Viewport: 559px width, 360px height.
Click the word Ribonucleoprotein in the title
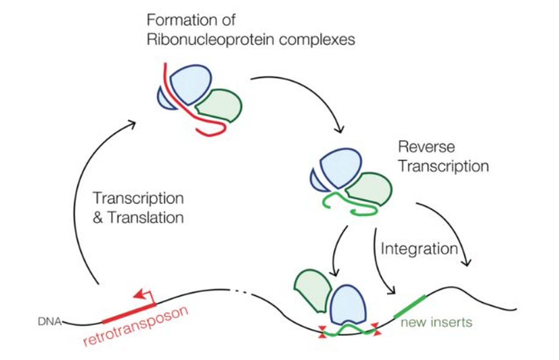click(211, 40)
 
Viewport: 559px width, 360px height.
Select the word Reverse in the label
click(426, 147)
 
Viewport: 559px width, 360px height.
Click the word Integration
click(419, 249)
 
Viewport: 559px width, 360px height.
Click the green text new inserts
click(436, 322)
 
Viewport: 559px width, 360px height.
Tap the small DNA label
click(49, 322)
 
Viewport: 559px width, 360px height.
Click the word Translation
click(146, 218)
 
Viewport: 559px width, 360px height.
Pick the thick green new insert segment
click(410, 307)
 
